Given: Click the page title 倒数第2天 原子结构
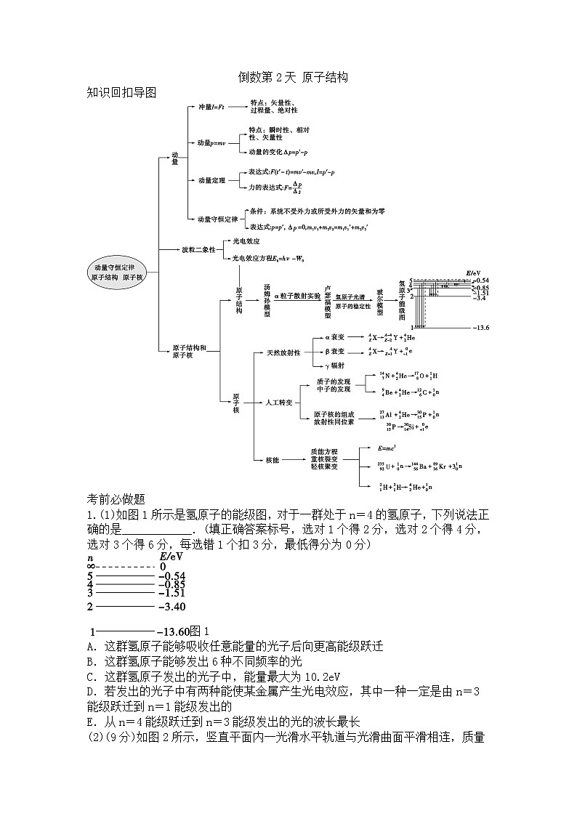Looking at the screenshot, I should [294, 77].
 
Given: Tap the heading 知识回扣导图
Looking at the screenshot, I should [121, 92].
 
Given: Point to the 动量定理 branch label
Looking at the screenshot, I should [211, 179].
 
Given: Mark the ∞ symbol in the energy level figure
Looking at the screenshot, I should [91, 566].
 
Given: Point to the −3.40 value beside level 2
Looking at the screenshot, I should [171, 606].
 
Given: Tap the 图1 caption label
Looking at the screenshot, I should [199, 631].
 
